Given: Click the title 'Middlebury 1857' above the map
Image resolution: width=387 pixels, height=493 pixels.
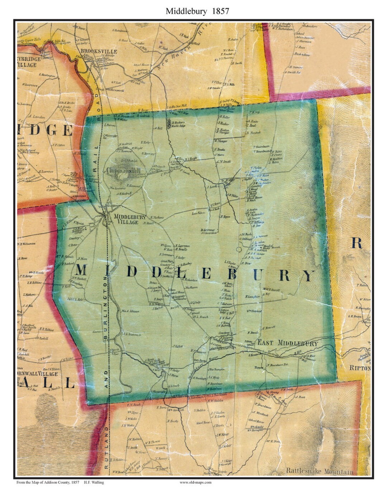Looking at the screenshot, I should (x=197, y=11).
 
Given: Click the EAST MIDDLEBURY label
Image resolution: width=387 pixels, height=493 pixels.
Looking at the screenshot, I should (x=288, y=343).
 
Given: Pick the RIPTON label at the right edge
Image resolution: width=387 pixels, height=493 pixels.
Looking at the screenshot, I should (x=360, y=368).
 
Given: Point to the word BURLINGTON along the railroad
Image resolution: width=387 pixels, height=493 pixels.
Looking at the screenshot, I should (x=105, y=309).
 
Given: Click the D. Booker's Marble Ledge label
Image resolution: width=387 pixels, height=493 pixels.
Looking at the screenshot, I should (x=183, y=123).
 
